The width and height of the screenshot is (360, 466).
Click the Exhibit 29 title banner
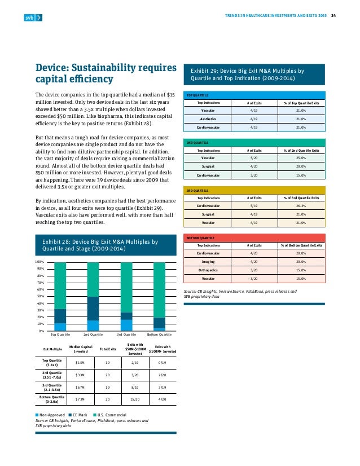(x=254, y=75)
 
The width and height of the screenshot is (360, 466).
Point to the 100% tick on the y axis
(x=39, y=262)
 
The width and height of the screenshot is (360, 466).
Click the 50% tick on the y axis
(x=40, y=296)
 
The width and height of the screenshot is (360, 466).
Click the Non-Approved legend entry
(x=51, y=415)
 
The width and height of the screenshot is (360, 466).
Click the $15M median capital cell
(x=80, y=362)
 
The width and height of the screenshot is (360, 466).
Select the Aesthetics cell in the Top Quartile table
(x=209, y=119)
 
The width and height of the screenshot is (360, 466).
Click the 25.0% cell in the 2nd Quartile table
(x=300, y=159)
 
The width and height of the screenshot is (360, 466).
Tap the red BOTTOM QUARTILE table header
(x=254, y=238)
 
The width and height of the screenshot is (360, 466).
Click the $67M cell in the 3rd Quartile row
(x=80, y=388)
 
